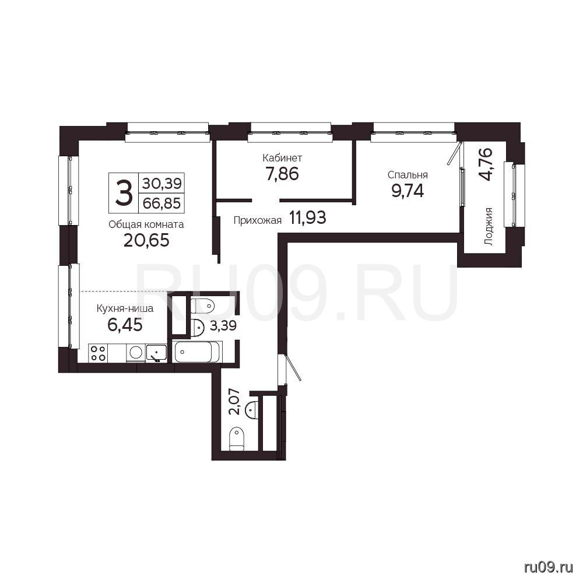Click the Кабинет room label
tap(282, 157)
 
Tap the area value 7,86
tap(282, 174)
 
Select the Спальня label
tap(408, 175)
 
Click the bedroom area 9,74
tap(408, 191)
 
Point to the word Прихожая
tap(257, 220)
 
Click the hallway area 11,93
tap(308, 217)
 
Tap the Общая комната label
tap(146, 224)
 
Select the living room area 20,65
tap(146, 240)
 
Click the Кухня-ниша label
tap(125, 308)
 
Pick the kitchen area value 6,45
tap(125, 325)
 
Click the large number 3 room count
tap(124, 192)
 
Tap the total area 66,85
tap(161, 203)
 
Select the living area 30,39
tap(161, 183)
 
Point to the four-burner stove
tap(98, 353)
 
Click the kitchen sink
tap(156, 353)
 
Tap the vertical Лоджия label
tap(489, 226)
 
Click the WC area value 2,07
tap(234, 401)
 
